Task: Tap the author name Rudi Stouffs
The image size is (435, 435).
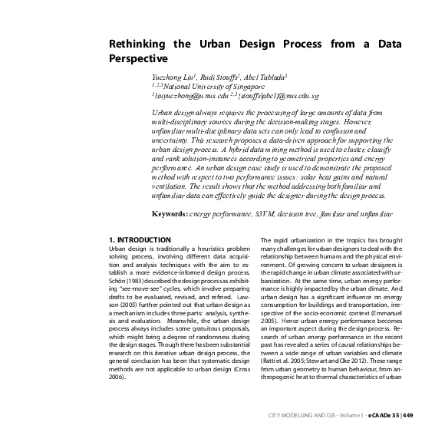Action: pyautogui.click(x=223, y=78)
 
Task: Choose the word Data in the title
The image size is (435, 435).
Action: pyautogui.click(x=388, y=44)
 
